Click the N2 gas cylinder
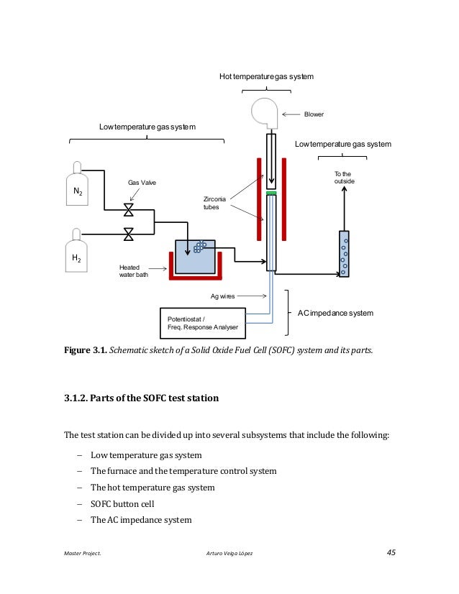click(77, 190)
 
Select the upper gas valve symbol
click(129, 210)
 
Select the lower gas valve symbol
click(129, 234)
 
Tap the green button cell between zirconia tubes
click(271, 193)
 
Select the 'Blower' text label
click(314, 114)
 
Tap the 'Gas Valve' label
click(142, 183)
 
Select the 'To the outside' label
click(345, 178)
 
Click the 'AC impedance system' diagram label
click(336, 313)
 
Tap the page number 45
click(391, 552)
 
